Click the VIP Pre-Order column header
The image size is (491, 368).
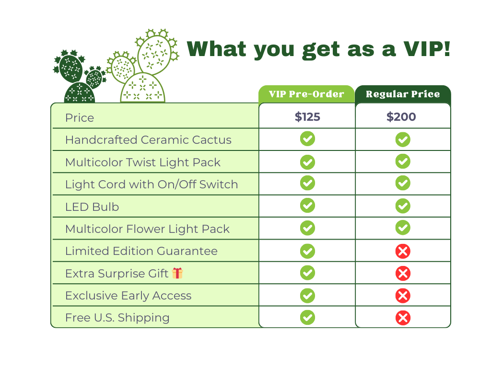306,94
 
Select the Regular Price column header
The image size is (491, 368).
403,94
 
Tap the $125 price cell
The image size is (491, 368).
307,117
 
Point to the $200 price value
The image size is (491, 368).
401,117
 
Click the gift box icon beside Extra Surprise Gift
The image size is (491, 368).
177,273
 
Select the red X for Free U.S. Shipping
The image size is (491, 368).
403,318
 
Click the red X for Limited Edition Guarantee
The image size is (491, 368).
403,251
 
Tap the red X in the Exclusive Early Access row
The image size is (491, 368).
403,296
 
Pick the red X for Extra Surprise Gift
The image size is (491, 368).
403,274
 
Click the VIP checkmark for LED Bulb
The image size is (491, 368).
307,205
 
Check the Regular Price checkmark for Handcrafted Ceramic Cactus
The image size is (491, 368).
403,139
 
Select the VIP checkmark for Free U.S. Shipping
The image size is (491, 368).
307,317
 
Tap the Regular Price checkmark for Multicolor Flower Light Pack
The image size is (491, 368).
403,228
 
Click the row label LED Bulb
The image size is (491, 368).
92,207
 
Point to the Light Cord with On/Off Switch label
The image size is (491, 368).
152,184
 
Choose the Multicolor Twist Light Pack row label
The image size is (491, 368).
143,162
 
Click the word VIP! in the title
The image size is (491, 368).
427,49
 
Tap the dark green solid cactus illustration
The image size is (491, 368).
80,76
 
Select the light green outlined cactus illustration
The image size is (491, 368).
143,66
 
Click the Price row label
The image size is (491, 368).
80,118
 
